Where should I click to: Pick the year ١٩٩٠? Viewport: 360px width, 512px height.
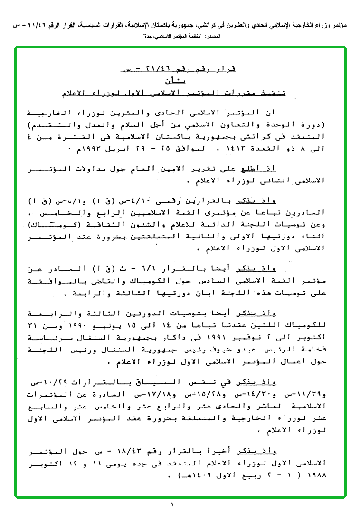point(97,326)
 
